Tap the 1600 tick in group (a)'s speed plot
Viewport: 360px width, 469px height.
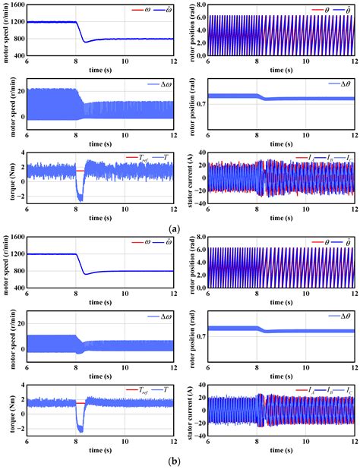pyautogui.click(x=16, y=5)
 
